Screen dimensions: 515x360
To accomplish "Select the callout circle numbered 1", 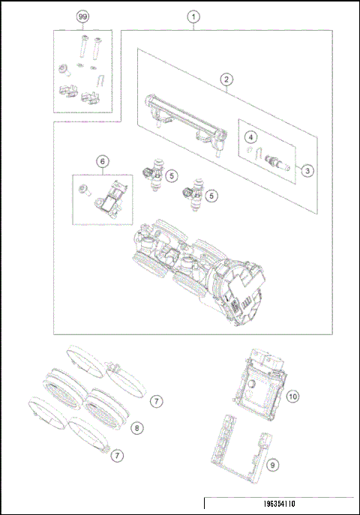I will (x=193, y=16).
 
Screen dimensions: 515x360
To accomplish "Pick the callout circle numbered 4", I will (x=252, y=137).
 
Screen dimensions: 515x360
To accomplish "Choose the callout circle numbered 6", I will (x=102, y=160).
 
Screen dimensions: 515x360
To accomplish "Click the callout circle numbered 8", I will (x=136, y=428).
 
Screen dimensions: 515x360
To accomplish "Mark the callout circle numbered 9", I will (x=273, y=465).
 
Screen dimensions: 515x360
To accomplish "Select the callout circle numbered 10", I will (x=292, y=395).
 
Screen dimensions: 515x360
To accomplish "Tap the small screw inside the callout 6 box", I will (x=86, y=190).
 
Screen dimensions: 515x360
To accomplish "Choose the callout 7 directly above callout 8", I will (x=155, y=402).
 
